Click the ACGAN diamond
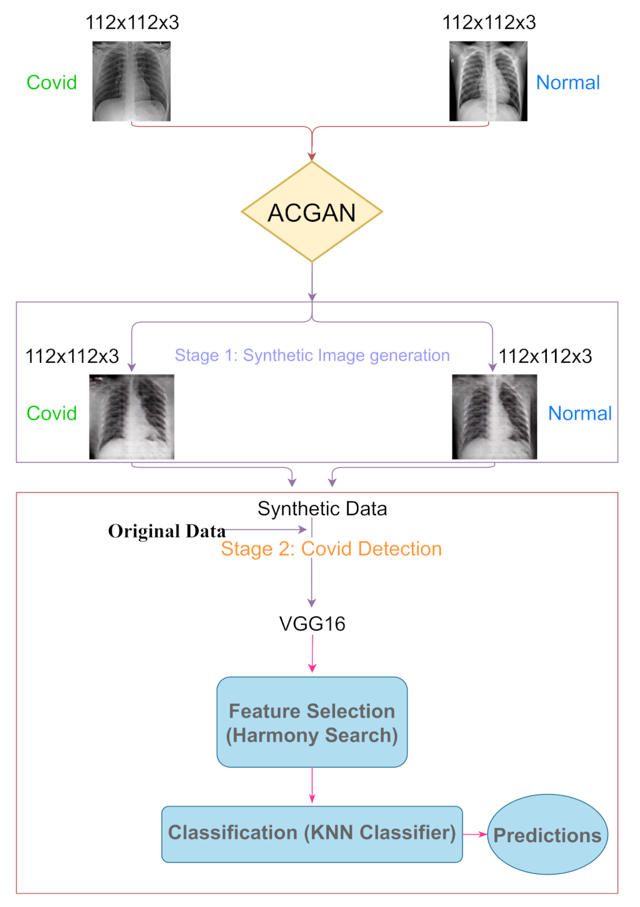pyautogui.click(x=312, y=212)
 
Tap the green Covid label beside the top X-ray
pyautogui.click(x=52, y=82)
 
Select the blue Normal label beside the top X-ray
pyautogui.click(x=568, y=82)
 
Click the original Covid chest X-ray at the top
pyautogui.click(x=131, y=81)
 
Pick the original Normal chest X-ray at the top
pyautogui.click(x=488, y=81)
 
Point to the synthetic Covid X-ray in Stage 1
pyautogui.click(x=131, y=417)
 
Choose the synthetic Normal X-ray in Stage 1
pyautogui.click(x=494, y=417)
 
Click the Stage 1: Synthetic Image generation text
pyautogui.click(x=312, y=355)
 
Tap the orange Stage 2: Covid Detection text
pyautogui.click(x=331, y=548)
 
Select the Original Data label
pyautogui.click(x=167, y=531)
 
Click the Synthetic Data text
pyautogui.click(x=322, y=508)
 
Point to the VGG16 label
pyautogui.click(x=312, y=623)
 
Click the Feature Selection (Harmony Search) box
pyautogui.click(x=312, y=722)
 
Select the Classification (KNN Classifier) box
pyautogui.click(x=312, y=833)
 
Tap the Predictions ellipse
pyautogui.click(x=547, y=834)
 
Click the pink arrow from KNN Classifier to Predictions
pyautogui.click(x=475, y=834)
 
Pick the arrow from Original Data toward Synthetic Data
pyautogui.click(x=266, y=529)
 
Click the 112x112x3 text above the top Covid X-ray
pyautogui.click(x=132, y=23)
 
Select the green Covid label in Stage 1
pyautogui.click(x=52, y=413)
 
